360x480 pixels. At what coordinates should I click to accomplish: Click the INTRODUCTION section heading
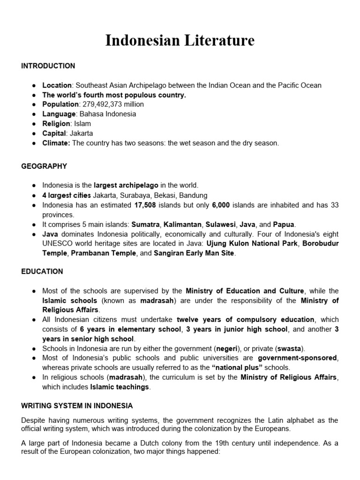pyautogui.click(x=48, y=66)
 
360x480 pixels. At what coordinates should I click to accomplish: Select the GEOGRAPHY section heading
pyautogui.click(x=44, y=166)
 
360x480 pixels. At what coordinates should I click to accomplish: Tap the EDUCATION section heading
pyautogui.click(x=42, y=271)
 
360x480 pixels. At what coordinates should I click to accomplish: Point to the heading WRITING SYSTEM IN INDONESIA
pyautogui.click(x=77, y=405)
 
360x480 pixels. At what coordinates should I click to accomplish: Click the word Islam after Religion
pyautogui.click(x=82, y=124)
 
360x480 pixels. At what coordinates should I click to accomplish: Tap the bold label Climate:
pyautogui.click(x=56, y=143)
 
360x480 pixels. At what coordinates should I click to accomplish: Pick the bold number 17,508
pyautogui.click(x=145, y=205)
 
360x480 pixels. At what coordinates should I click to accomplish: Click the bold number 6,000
pyautogui.click(x=221, y=205)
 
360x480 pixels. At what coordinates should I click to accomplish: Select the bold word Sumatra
pyautogui.click(x=145, y=224)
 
